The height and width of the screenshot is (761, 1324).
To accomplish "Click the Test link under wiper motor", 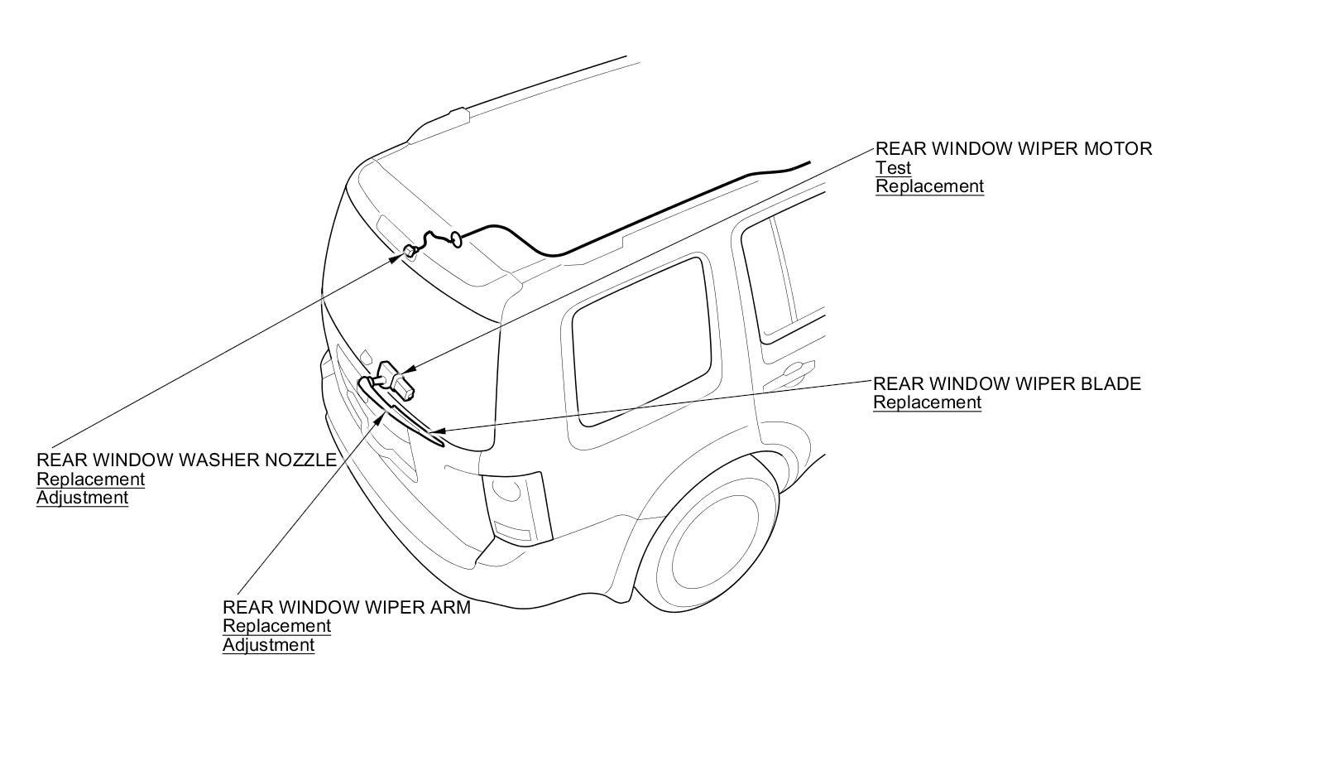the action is tap(893, 168).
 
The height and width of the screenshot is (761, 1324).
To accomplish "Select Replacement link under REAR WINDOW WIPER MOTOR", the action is tap(930, 186).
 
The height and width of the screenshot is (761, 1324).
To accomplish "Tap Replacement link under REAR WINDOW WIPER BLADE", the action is tap(928, 402).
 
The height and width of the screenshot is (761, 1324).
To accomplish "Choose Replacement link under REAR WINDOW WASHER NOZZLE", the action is tap(90, 479).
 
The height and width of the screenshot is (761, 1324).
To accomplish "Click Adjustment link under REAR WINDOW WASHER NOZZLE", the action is tap(82, 498).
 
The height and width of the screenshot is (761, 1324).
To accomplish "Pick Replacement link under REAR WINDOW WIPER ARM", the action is tap(276, 626).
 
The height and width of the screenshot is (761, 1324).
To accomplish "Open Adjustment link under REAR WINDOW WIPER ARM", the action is tap(268, 645).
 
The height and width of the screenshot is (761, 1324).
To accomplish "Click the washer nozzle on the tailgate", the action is tap(409, 251).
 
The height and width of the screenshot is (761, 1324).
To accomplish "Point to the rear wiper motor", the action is tap(394, 378).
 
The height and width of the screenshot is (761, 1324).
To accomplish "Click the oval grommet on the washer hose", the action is tap(456, 239).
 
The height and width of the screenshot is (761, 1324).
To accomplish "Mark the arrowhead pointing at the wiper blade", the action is tap(436, 431).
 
